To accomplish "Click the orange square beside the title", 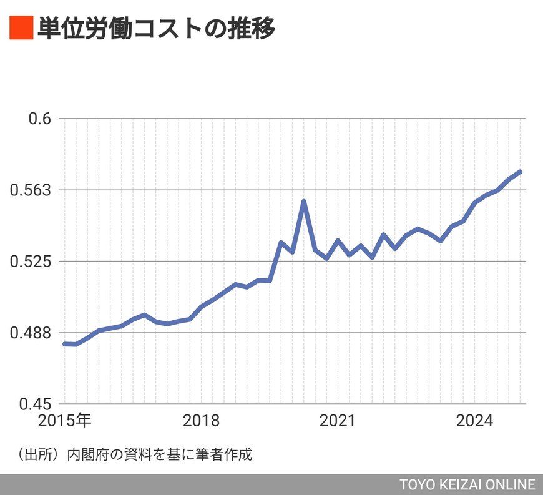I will coord(21,29).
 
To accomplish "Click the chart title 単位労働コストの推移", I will coord(156,29).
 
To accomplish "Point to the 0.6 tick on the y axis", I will coord(39,119).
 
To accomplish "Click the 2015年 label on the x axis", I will coord(65,421).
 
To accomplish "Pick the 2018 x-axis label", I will coord(202,421).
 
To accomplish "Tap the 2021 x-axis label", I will coord(337,421).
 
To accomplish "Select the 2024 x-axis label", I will coord(474,421).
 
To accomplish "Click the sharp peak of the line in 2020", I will coord(304,202).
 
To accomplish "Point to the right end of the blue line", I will coord(521,172).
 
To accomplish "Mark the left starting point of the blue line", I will coord(65,344).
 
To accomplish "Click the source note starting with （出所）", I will coord(131,454).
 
